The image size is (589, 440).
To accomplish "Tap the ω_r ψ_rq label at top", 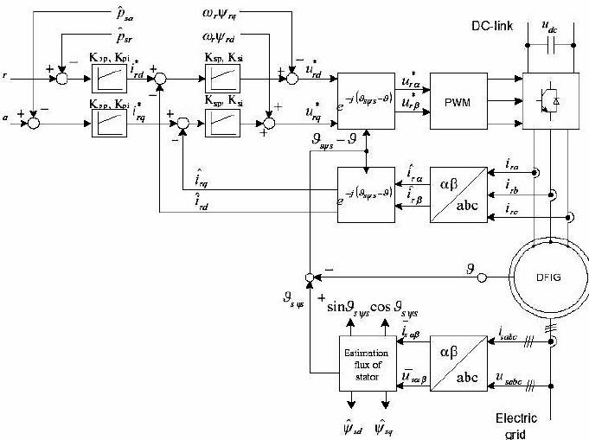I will pyautogui.click(x=225, y=16).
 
